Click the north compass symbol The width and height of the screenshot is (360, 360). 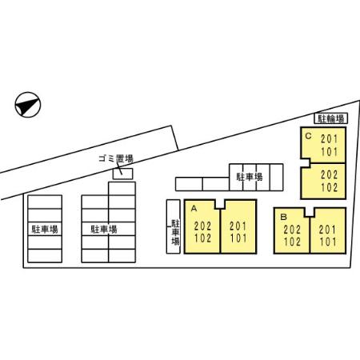[x=27, y=105]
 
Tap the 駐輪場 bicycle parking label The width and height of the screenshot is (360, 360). [x=330, y=118]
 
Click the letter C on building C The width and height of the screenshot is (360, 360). [x=308, y=136]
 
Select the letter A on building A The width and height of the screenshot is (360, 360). [x=194, y=208]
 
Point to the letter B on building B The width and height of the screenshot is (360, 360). [x=283, y=217]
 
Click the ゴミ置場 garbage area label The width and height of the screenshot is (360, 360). [x=116, y=159]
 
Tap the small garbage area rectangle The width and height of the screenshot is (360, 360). [x=122, y=174]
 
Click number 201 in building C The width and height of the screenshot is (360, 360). [x=329, y=139]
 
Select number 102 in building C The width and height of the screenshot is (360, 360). [x=329, y=187]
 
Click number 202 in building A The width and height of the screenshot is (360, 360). [x=202, y=226]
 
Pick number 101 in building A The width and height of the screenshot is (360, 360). [x=238, y=238]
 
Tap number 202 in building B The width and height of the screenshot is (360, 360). [x=292, y=230]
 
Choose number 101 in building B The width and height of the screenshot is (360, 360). [x=328, y=242]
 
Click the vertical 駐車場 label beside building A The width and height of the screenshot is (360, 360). [x=175, y=232]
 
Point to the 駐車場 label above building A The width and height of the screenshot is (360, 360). [x=250, y=177]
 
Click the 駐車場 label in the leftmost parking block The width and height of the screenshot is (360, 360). [x=45, y=229]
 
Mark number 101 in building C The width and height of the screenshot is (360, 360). [x=329, y=152]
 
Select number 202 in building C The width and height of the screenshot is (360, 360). [x=329, y=175]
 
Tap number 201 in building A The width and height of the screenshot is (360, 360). [x=238, y=226]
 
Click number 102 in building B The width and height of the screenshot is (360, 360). [x=292, y=242]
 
